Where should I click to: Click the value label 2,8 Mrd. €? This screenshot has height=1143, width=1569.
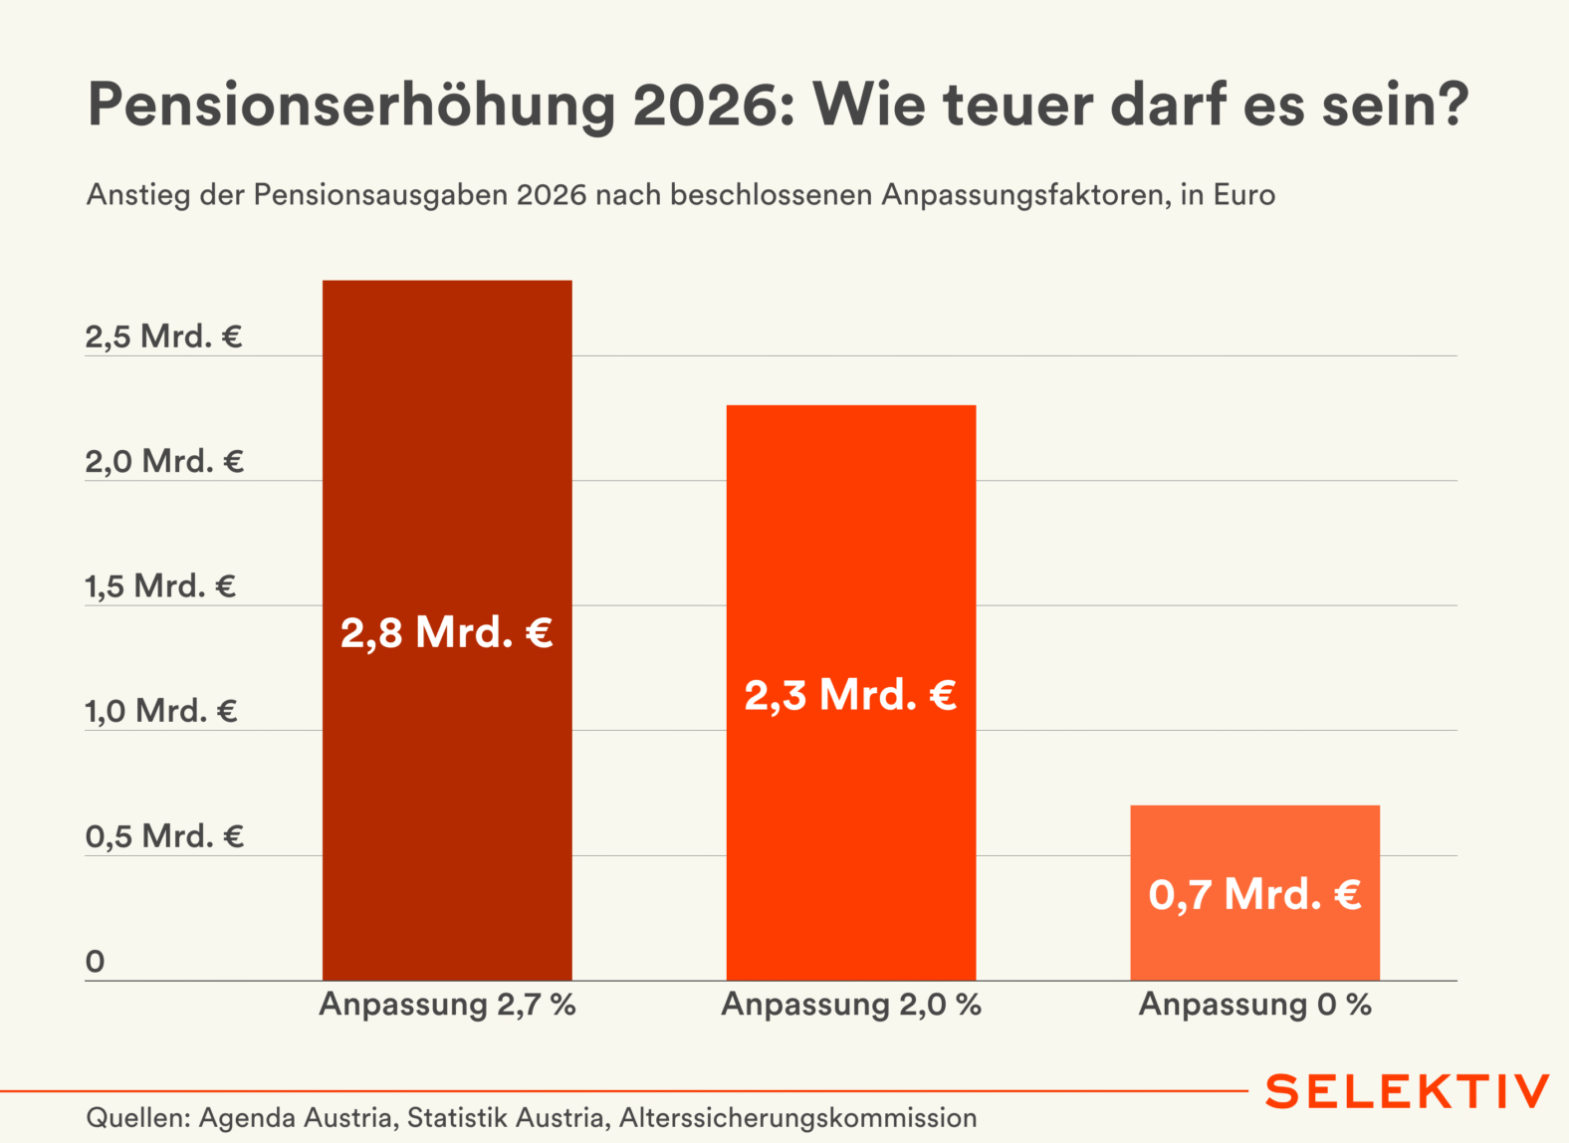pyautogui.click(x=447, y=632)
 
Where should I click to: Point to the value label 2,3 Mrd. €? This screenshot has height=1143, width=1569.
pyautogui.click(x=851, y=695)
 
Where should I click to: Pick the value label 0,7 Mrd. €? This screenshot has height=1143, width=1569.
pyautogui.click(x=1254, y=894)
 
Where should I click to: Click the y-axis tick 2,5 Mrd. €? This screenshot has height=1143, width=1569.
pyautogui.click(x=163, y=337)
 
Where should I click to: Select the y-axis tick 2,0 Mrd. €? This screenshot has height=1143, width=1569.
pyautogui.click(x=163, y=461)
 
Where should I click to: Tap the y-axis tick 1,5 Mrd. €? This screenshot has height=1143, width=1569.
pyautogui.click(x=160, y=586)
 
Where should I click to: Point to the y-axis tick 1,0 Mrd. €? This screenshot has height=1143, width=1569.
pyautogui.click(x=160, y=711)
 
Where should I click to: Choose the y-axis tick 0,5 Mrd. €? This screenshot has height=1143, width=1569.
pyautogui.click(x=163, y=836)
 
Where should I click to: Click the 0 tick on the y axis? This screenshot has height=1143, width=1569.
pyautogui.click(x=95, y=962)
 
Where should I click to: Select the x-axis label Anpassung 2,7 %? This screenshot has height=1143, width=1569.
pyautogui.click(x=447, y=1005)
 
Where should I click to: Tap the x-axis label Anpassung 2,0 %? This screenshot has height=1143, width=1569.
pyautogui.click(x=851, y=1005)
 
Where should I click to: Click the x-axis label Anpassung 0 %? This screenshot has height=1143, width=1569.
pyautogui.click(x=1254, y=1005)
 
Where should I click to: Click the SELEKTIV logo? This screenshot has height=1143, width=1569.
pyautogui.click(x=1407, y=1091)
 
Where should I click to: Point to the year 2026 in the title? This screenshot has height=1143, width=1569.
pyautogui.click(x=714, y=105)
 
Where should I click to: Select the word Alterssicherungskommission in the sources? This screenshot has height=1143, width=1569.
pyautogui.click(x=797, y=1118)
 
